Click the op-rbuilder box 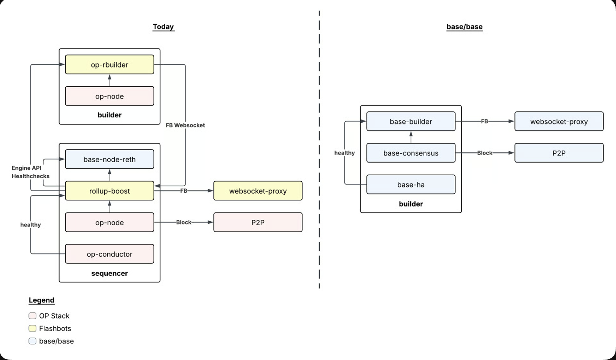point(110,64)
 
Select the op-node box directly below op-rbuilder point(110,96)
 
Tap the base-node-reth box point(110,159)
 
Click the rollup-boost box point(110,191)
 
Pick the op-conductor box point(110,254)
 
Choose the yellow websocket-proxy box point(258,191)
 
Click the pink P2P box point(258,222)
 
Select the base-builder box point(411,121)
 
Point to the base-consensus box point(411,153)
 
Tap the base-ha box point(411,184)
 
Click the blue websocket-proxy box point(559,121)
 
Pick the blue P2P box point(559,153)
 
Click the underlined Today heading point(163,27)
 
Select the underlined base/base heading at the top point(464,27)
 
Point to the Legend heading point(42,300)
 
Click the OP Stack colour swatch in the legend point(32,316)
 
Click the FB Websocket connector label point(185,125)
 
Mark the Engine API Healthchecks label point(31,172)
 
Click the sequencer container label point(110,273)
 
